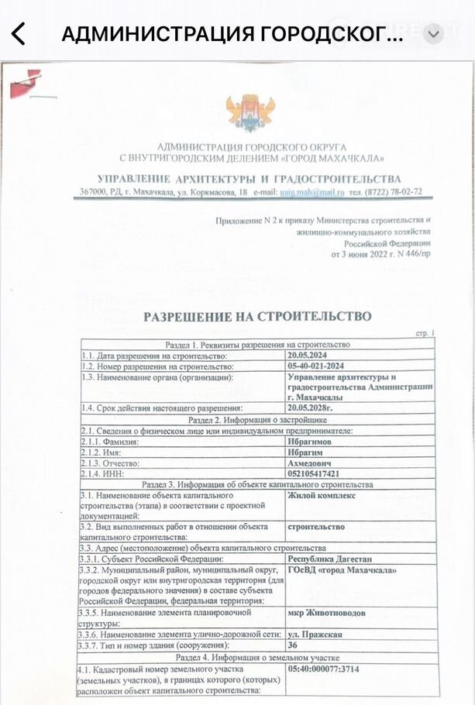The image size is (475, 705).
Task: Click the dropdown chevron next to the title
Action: pos(433,33)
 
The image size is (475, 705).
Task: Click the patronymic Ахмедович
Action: pos(312,463)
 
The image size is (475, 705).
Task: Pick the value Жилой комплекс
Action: pos(322,495)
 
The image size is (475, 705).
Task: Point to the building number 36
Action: pos(293,645)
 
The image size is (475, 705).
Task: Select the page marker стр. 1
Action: pos(425,333)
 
